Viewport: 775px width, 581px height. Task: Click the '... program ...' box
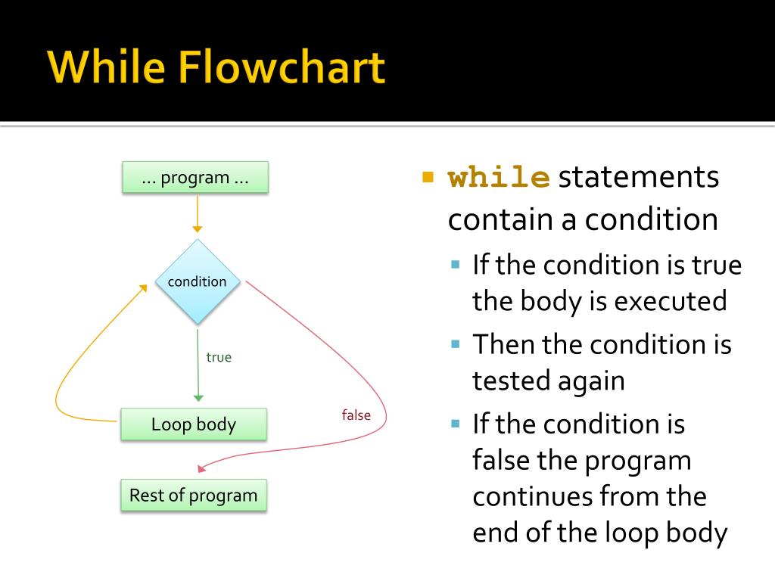click(195, 178)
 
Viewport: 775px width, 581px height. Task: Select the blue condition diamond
click(197, 281)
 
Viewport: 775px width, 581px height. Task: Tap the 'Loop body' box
click(194, 424)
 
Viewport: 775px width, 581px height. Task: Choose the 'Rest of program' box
click(194, 496)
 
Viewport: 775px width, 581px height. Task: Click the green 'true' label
click(219, 357)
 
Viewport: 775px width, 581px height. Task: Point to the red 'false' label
click(356, 415)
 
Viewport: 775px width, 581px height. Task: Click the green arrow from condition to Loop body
click(198, 363)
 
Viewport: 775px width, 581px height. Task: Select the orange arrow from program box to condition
click(197, 212)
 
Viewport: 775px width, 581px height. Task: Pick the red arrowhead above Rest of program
click(201, 468)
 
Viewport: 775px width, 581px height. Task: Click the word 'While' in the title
click(106, 68)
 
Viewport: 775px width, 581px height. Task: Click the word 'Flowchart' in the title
click(285, 68)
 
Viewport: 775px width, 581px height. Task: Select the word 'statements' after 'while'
click(639, 179)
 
